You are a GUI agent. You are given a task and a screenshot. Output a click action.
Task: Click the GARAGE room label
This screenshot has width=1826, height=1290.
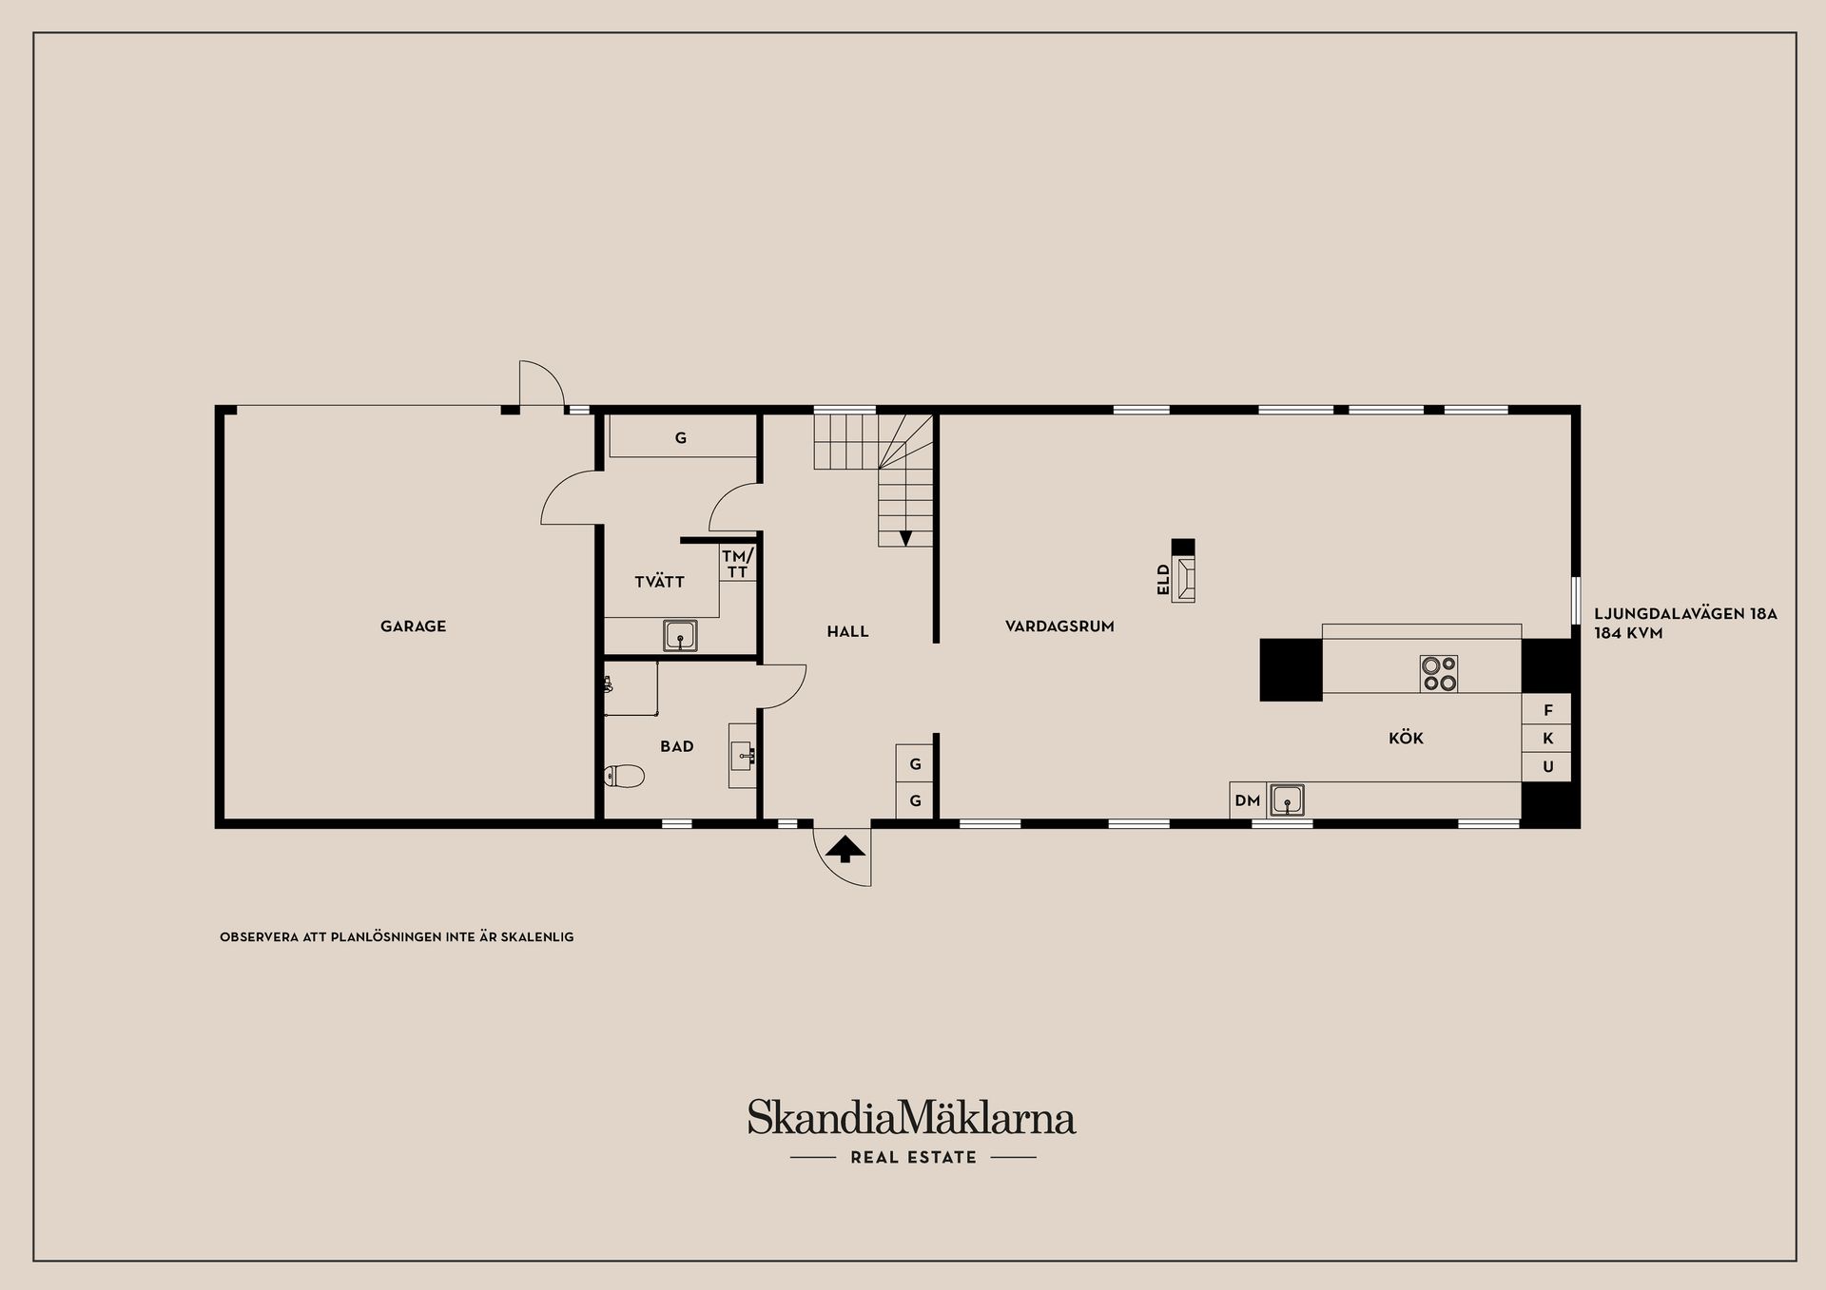click(x=413, y=626)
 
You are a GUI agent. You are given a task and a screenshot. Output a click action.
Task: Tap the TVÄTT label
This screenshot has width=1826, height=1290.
click(x=659, y=582)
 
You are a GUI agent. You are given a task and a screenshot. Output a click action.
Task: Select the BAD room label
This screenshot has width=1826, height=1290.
click(x=677, y=746)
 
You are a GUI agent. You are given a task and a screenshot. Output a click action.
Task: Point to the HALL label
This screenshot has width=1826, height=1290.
click(x=847, y=631)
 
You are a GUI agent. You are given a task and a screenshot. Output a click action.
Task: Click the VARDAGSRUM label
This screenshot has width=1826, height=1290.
click(x=1059, y=626)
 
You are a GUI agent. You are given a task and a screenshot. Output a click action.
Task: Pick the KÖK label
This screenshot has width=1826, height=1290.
click(x=1406, y=738)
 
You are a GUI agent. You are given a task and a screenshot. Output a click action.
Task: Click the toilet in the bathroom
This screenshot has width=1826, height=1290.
click(x=625, y=777)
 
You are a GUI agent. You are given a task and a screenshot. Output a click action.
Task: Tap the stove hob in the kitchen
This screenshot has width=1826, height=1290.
click(x=1438, y=673)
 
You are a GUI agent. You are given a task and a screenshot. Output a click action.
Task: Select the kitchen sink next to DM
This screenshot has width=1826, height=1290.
click(x=1288, y=800)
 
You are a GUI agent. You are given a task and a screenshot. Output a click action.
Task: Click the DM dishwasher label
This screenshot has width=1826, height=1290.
click(x=1247, y=800)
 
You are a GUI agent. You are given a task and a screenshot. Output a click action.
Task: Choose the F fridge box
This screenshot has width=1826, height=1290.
click(x=1547, y=710)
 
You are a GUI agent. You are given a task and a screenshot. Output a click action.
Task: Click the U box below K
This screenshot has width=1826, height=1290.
click(x=1547, y=766)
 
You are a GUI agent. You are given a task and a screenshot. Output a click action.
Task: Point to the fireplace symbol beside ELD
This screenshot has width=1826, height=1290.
click(x=1184, y=579)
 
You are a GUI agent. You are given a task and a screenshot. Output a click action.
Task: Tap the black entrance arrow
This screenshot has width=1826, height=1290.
click(x=845, y=848)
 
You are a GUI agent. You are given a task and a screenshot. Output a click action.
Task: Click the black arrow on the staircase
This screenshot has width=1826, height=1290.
click(x=905, y=538)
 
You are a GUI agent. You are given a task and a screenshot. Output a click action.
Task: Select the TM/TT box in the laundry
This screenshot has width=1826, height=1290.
click(x=737, y=564)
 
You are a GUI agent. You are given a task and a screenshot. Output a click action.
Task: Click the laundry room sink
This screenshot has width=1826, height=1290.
click(x=680, y=635)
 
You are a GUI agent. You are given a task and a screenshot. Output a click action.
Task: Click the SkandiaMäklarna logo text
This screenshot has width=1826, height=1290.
click(x=911, y=1118)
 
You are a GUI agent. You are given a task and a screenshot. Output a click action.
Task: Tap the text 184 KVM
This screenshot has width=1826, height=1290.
click(x=1628, y=633)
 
